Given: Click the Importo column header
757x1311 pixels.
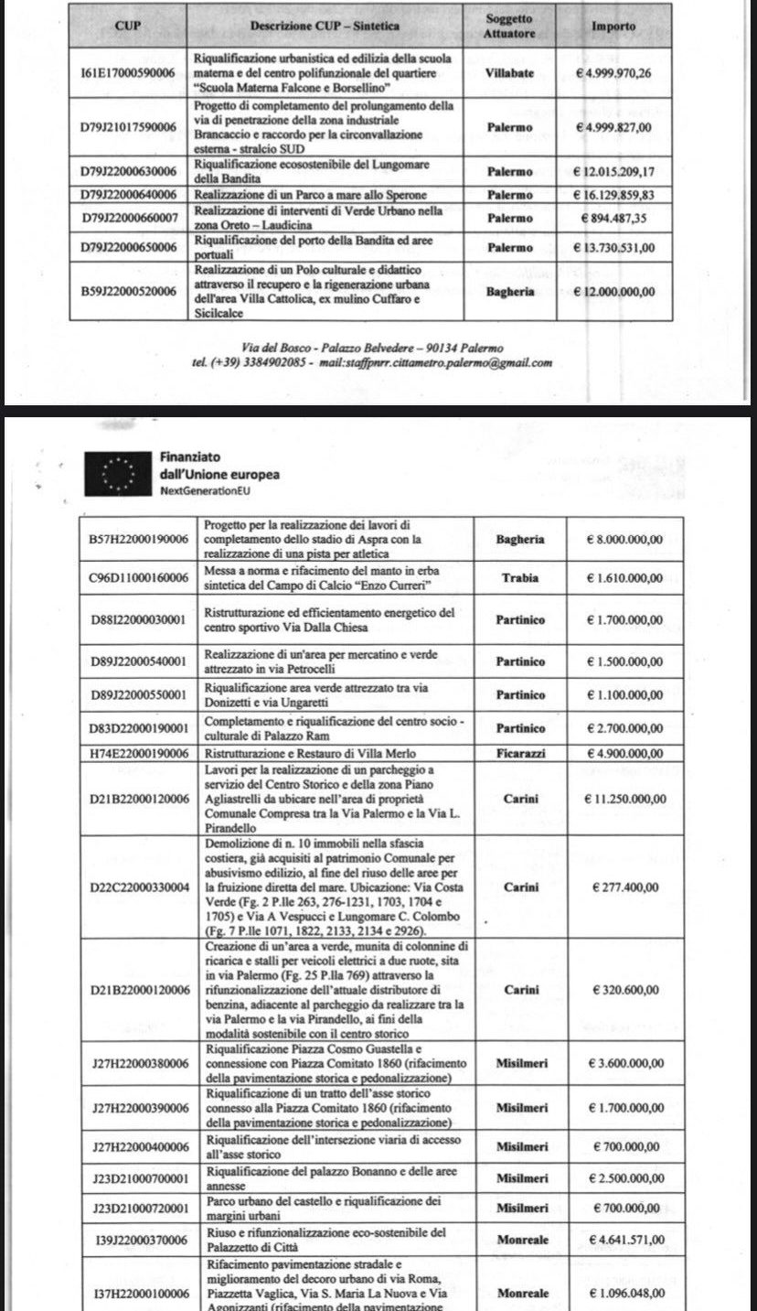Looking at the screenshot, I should click(613, 27).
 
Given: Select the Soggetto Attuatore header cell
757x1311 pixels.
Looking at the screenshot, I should click(509, 26).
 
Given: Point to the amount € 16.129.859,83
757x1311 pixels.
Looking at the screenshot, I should click(613, 195).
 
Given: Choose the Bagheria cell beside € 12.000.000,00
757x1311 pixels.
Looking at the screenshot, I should click(509, 291).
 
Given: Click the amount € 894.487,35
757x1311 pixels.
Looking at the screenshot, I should click(613, 218).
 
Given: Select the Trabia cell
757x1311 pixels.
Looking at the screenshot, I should click(519, 578).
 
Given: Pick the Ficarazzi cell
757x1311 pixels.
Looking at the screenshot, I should click(519, 753).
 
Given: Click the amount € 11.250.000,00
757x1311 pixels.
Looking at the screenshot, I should click(625, 799).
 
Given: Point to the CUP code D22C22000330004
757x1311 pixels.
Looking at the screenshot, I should click(139, 887).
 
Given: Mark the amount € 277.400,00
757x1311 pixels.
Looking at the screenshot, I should click(625, 887).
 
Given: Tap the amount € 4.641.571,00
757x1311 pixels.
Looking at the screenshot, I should click(625, 1241).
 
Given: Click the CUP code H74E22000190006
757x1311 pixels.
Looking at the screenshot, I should click(139, 753).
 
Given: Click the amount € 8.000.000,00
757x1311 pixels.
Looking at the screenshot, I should click(625, 540).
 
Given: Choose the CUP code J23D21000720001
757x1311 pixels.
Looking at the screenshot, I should click(139, 1209).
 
